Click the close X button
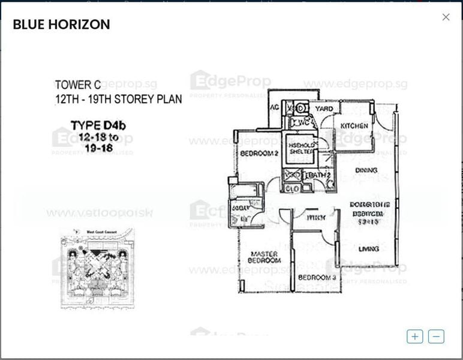tap(446, 17)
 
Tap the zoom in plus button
tap(414, 337)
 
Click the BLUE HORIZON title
tap(61, 25)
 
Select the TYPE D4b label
tap(98, 125)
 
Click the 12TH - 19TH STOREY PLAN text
tap(118, 99)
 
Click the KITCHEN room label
tap(354, 125)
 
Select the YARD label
tap(324, 109)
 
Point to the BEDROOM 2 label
tap(259, 154)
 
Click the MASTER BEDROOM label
tap(264, 257)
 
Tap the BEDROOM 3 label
tap(317, 277)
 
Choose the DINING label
tap(366, 170)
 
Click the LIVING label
tap(368, 248)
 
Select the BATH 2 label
tap(320, 175)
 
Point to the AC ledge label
tap(275, 107)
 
